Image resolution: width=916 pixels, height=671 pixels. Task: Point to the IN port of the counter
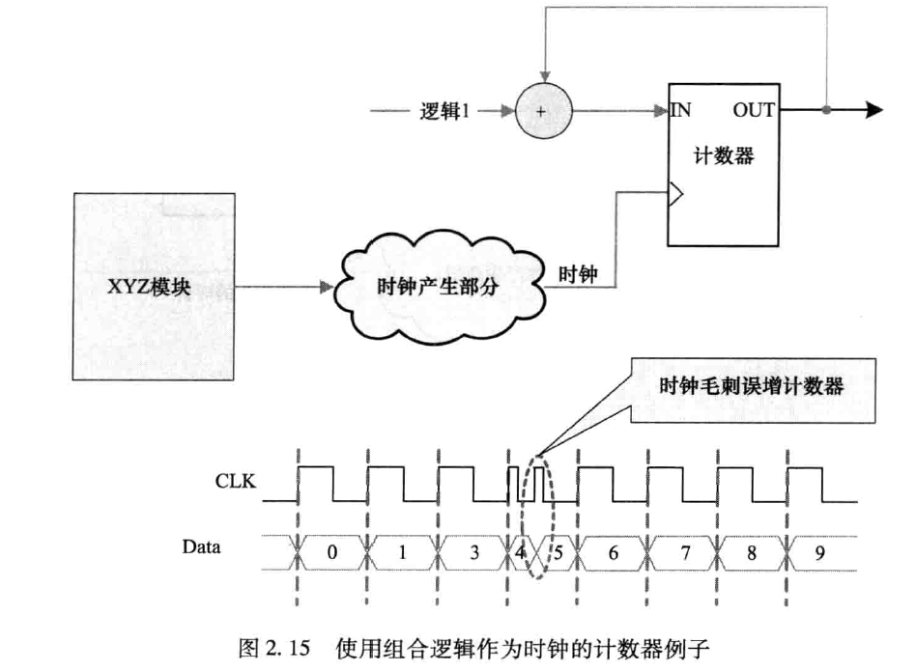point(681,110)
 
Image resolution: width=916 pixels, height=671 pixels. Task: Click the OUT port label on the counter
point(753,110)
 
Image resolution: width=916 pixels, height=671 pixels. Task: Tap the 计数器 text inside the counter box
point(724,156)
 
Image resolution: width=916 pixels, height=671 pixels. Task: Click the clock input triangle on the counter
point(675,197)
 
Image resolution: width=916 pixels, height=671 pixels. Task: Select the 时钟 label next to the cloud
point(578,273)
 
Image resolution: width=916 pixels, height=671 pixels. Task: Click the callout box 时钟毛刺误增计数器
point(751,386)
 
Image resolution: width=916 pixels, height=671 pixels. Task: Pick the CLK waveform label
point(235,479)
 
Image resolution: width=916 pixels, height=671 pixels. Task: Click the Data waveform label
point(201,546)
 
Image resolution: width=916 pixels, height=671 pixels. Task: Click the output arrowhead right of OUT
point(873,110)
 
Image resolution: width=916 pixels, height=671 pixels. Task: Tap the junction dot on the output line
point(826,110)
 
